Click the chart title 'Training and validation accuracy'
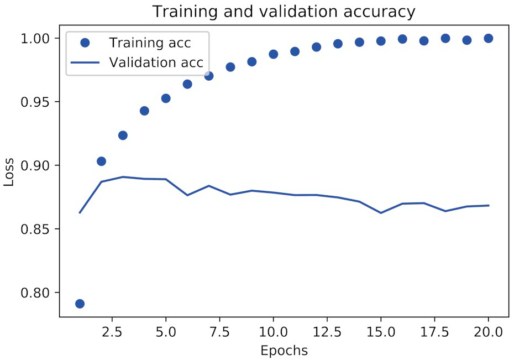point(284,12)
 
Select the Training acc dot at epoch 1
point(80,304)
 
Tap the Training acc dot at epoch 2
point(101,161)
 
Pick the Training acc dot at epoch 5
point(166,98)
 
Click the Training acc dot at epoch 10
point(273,54)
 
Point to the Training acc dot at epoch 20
point(489,38)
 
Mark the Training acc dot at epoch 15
point(381,41)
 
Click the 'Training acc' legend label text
point(150,43)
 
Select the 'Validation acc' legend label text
point(156,62)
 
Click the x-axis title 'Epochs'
point(284,351)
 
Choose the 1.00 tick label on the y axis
point(35,39)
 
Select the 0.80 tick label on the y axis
point(35,293)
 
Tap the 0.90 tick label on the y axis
point(35,166)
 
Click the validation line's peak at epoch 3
point(123,177)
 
